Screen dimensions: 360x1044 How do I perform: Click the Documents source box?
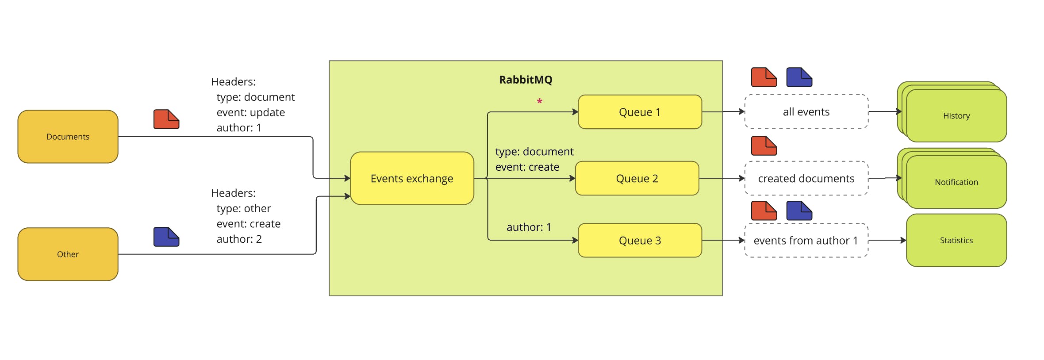pyautogui.click(x=68, y=137)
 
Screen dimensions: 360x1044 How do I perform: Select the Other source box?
pyautogui.click(x=68, y=254)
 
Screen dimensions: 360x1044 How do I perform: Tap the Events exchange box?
pyautogui.click(x=412, y=178)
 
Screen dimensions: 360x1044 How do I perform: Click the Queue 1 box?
pyautogui.click(x=640, y=112)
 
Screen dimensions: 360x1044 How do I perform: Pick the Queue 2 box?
pyautogui.click(x=637, y=178)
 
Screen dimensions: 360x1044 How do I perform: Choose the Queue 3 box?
pyautogui.click(x=640, y=240)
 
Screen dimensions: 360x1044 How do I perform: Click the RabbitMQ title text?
pyautogui.click(x=526, y=80)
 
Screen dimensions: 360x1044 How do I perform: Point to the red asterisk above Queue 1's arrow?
pyautogui.click(x=539, y=102)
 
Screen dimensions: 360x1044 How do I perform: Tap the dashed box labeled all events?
pyautogui.click(x=806, y=112)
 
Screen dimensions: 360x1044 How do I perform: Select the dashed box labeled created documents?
pyautogui.click(x=806, y=178)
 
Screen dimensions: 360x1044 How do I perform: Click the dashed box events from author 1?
pyautogui.click(x=806, y=240)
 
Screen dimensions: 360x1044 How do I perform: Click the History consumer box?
pyautogui.click(x=956, y=116)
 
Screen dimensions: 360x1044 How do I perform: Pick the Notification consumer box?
pyautogui.click(x=956, y=182)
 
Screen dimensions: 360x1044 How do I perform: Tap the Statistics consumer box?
pyautogui.click(x=956, y=240)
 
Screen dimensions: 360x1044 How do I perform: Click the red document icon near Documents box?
pyautogui.click(x=166, y=119)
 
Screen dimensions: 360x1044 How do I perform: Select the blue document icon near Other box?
pyautogui.click(x=166, y=237)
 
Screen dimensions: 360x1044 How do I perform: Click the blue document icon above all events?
pyautogui.click(x=799, y=77)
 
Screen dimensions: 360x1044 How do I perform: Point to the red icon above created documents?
pyautogui.click(x=764, y=146)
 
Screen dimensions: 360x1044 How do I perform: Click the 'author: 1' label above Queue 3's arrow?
pyautogui.click(x=529, y=227)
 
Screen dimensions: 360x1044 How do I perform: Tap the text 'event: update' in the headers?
pyautogui.click(x=250, y=112)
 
